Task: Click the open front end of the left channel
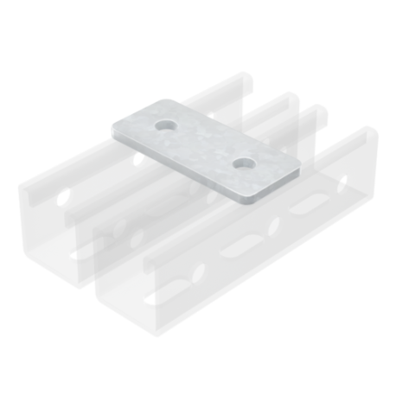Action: point(61,238)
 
